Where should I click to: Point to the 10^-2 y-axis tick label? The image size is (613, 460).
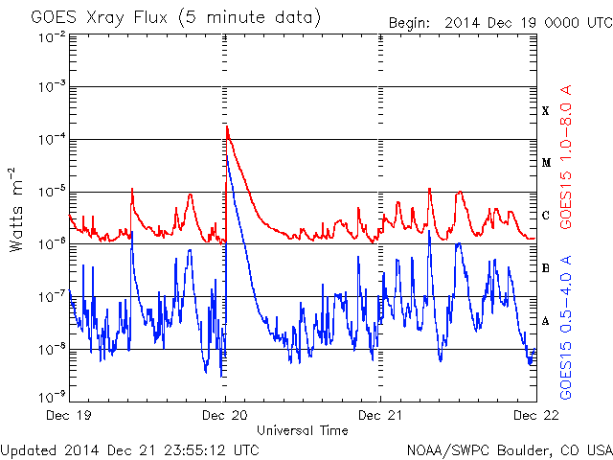coord(53,36)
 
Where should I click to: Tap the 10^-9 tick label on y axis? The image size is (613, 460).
coord(53,394)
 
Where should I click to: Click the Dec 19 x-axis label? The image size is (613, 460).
coord(70,415)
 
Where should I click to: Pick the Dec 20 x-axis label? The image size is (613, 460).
coord(225,415)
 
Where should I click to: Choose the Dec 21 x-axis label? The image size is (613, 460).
coord(380,415)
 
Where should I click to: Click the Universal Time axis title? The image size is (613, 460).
coord(302,430)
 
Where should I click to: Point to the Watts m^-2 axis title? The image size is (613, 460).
coord(17,209)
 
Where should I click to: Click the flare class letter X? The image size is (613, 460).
coord(546,111)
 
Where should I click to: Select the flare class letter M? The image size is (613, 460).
coord(546,163)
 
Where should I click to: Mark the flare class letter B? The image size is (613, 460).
coord(546,268)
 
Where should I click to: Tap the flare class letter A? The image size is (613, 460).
coord(546,321)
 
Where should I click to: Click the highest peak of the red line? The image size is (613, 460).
coord(227,126)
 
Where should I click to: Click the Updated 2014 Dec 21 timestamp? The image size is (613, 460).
coord(129,448)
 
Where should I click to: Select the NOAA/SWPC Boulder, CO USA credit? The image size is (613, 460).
coord(509,448)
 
